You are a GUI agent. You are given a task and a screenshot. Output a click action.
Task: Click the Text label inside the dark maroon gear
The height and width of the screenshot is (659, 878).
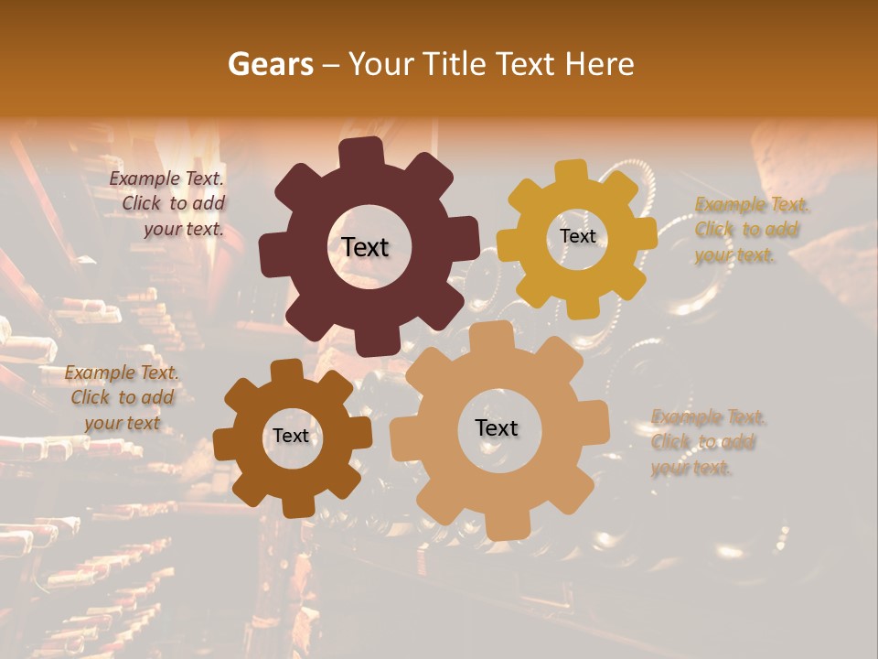pyautogui.click(x=365, y=247)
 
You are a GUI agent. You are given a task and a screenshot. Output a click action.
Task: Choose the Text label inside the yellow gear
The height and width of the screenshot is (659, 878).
pyautogui.click(x=577, y=236)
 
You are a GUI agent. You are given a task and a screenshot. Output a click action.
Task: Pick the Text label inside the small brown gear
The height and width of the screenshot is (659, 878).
pyautogui.click(x=291, y=437)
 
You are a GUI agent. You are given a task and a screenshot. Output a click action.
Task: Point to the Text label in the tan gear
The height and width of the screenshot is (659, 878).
pyautogui.click(x=497, y=427)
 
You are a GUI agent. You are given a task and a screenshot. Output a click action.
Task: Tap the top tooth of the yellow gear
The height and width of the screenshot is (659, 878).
pyautogui.click(x=572, y=171)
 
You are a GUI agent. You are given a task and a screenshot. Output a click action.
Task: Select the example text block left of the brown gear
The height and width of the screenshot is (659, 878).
pyautogui.click(x=123, y=397)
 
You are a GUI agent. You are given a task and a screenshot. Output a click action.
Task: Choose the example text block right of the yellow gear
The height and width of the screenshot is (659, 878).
pyautogui.click(x=748, y=230)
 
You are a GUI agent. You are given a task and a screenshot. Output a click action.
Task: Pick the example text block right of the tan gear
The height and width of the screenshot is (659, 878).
pyautogui.click(x=706, y=442)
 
